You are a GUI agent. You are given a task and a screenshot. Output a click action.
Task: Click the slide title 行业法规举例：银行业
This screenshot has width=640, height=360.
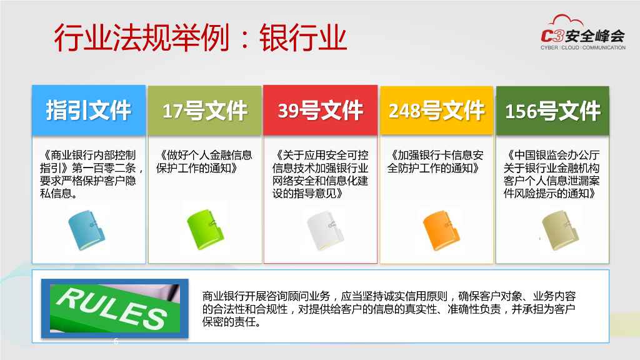pos(200,38)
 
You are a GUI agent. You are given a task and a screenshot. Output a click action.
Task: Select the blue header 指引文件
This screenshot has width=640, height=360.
pos(89,111)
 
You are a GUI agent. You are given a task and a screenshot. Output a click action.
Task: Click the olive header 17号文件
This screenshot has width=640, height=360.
pos(204,111)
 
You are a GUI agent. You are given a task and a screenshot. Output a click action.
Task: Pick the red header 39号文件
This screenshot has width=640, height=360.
pos(320,111)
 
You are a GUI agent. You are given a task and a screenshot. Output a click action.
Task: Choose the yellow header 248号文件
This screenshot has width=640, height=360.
pos(436,111)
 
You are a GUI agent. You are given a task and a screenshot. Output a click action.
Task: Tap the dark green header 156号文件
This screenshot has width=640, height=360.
pos(552,111)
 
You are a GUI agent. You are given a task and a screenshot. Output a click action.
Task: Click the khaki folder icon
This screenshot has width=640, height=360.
pos(558,230)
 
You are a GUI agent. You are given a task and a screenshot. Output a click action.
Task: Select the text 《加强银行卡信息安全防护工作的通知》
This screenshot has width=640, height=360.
pos(436,161)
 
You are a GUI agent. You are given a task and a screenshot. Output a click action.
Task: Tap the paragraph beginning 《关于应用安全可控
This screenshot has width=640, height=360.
pos(320,174)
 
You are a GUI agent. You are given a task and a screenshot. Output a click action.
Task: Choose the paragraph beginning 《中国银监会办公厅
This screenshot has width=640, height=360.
pos(552,174)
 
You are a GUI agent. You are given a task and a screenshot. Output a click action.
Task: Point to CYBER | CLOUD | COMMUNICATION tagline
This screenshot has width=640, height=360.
pos(582,47)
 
